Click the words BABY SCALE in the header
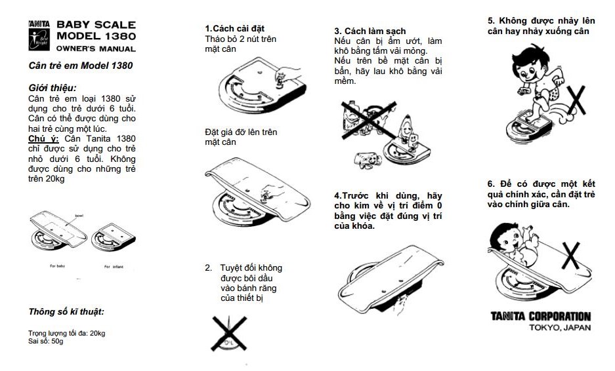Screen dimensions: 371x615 click(96, 24)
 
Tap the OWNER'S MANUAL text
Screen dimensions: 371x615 click(96, 49)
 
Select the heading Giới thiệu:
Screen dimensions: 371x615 click(53, 87)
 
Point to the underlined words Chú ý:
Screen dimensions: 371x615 click(44, 138)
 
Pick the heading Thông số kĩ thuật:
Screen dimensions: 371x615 click(66, 311)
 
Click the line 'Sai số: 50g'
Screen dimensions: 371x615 click(46, 342)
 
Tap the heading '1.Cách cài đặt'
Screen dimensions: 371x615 click(234, 29)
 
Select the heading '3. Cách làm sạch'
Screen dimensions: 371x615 click(370, 31)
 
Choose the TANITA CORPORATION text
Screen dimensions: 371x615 click(540, 317)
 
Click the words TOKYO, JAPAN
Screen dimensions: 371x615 click(560, 327)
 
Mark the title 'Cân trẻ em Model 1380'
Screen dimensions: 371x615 click(81, 66)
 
